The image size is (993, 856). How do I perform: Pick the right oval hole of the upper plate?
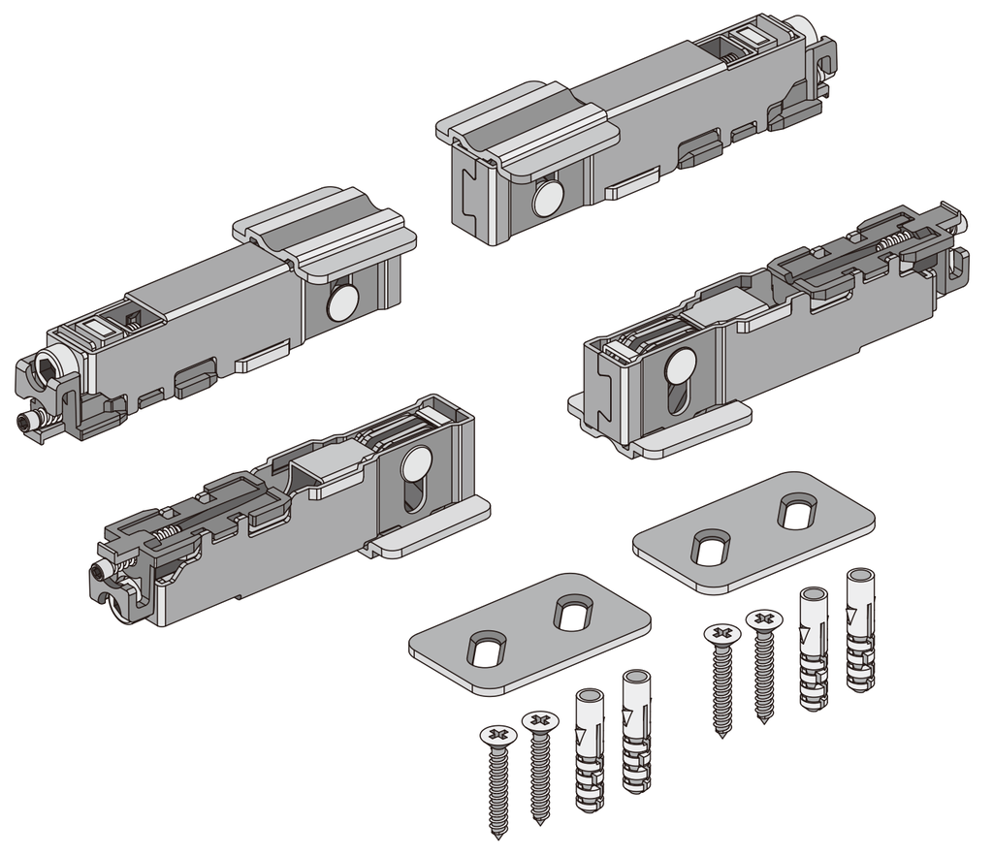tap(797, 512)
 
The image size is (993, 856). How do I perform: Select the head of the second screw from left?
tap(540, 721)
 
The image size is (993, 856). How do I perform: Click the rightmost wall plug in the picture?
tap(860, 630)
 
